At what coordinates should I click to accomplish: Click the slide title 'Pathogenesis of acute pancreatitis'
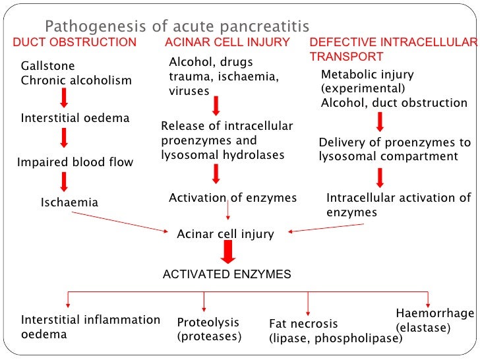[176, 27]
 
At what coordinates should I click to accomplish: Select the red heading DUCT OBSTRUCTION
[75, 43]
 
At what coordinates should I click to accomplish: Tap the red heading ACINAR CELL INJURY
[227, 43]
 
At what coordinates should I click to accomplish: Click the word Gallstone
[47, 67]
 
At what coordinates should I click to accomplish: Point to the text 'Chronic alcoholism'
[76, 80]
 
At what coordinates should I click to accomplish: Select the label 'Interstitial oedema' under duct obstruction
[75, 119]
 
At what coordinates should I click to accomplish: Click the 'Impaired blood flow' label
[75, 162]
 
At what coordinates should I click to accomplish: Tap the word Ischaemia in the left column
[69, 202]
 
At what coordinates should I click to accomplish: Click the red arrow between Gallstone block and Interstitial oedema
[64, 98]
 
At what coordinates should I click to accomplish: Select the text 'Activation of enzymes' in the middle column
[233, 198]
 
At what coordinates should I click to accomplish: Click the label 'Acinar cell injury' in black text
[225, 234]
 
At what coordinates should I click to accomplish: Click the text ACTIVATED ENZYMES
[227, 274]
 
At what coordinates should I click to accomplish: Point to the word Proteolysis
[208, 322]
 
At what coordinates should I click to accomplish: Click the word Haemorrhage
[435, 313]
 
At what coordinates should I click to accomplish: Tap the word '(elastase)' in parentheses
[423, 328]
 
